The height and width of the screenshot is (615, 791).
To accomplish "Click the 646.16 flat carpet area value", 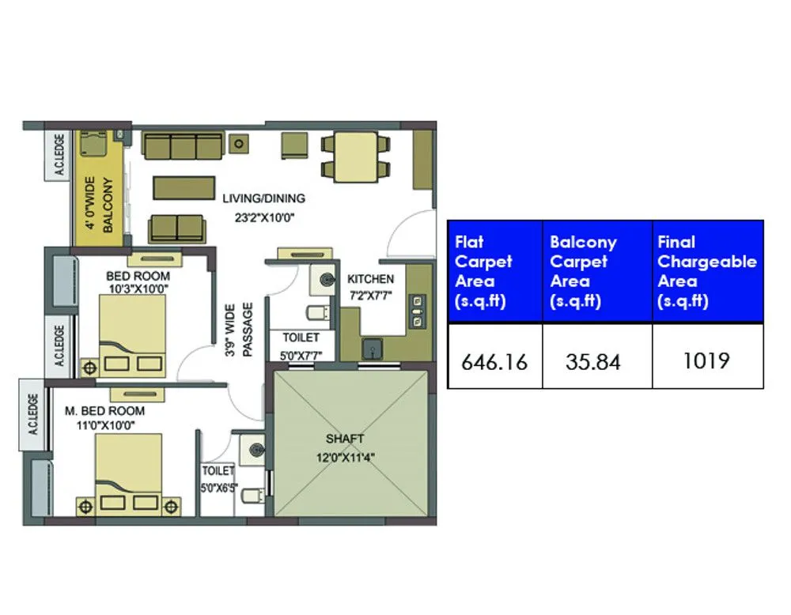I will (x=494, y=361).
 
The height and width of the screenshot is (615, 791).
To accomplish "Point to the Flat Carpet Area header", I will (x=484, y=271).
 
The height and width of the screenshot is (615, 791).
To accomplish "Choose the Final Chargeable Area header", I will (x=707, y=271).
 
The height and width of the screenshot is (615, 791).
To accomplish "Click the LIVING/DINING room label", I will (x=263, y=198).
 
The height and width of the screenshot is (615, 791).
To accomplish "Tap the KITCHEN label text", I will (x=370, y=279).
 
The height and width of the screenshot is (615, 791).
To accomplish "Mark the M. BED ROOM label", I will (x=105, y=411).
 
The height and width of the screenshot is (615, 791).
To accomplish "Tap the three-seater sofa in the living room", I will (x=182, y=147).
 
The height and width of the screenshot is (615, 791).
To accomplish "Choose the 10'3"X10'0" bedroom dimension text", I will (x=138, y=289).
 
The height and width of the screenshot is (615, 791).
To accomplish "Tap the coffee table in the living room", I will (x=184, y=187).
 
